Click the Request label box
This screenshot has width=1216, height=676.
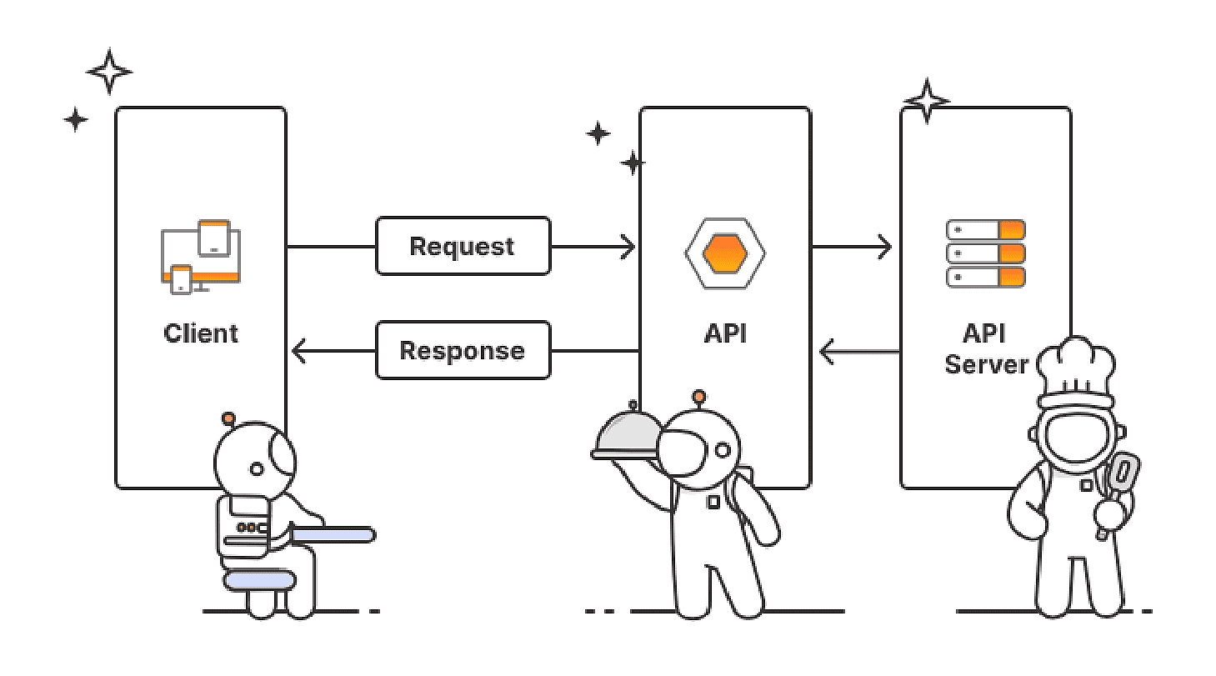coord(463,246)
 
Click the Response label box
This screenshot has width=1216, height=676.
coord(463,350)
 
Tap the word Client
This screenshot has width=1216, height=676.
coord(201,333)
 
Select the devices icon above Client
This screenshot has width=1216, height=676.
coord(200,256)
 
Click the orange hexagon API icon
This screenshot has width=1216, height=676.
coord(725,253)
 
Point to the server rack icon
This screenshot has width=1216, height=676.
coord(985,253)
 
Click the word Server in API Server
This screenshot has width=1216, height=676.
coord(986,364)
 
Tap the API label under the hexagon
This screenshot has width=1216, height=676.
coord(725,333)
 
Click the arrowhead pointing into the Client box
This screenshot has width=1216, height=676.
coord(299,352)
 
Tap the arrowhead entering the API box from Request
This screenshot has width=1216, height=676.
coord(627,247)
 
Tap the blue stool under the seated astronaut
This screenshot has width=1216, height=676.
coord(259,579)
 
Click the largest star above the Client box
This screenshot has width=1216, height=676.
coord(109,72)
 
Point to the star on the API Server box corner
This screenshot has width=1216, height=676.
coord(926,102)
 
